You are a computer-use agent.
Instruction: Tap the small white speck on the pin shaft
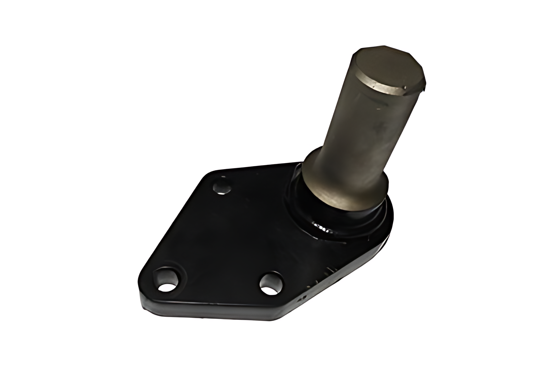coord(378,109)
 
